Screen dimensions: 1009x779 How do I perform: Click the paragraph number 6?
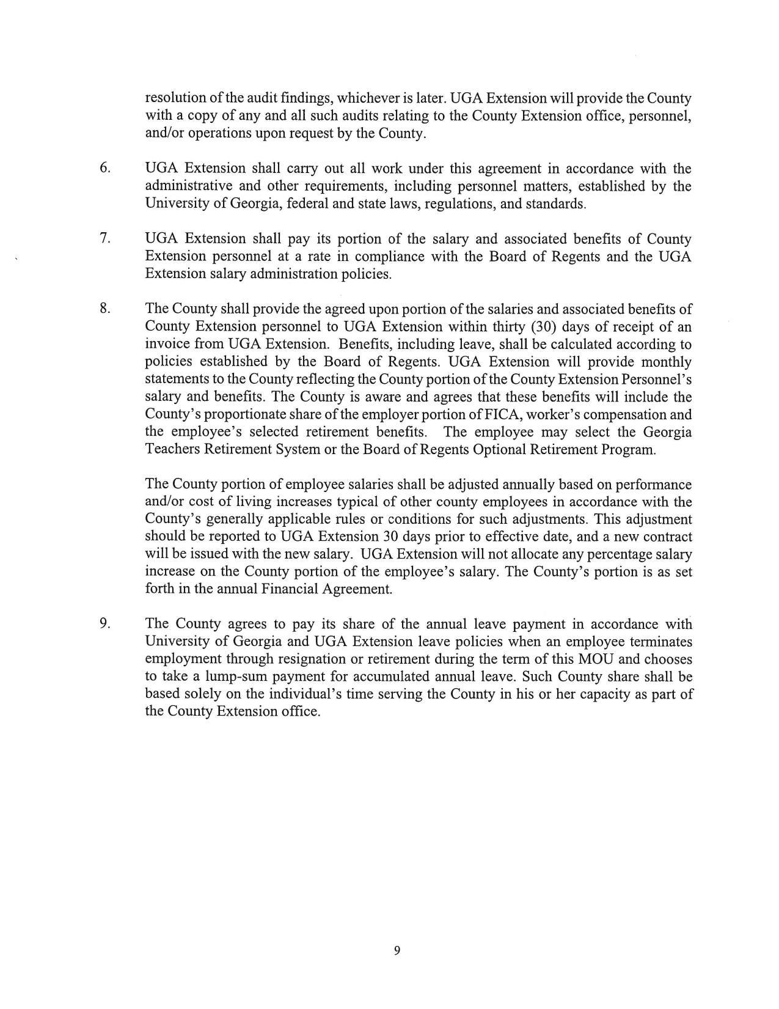coord(104,167)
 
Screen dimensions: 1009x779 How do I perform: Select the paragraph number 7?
coord(104,238)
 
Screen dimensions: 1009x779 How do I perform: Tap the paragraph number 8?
coord(104,308)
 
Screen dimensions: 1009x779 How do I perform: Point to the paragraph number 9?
coord(104,623)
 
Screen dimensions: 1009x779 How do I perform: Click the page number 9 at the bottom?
coord(397,950)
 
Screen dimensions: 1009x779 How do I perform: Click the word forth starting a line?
coord(159,589)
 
